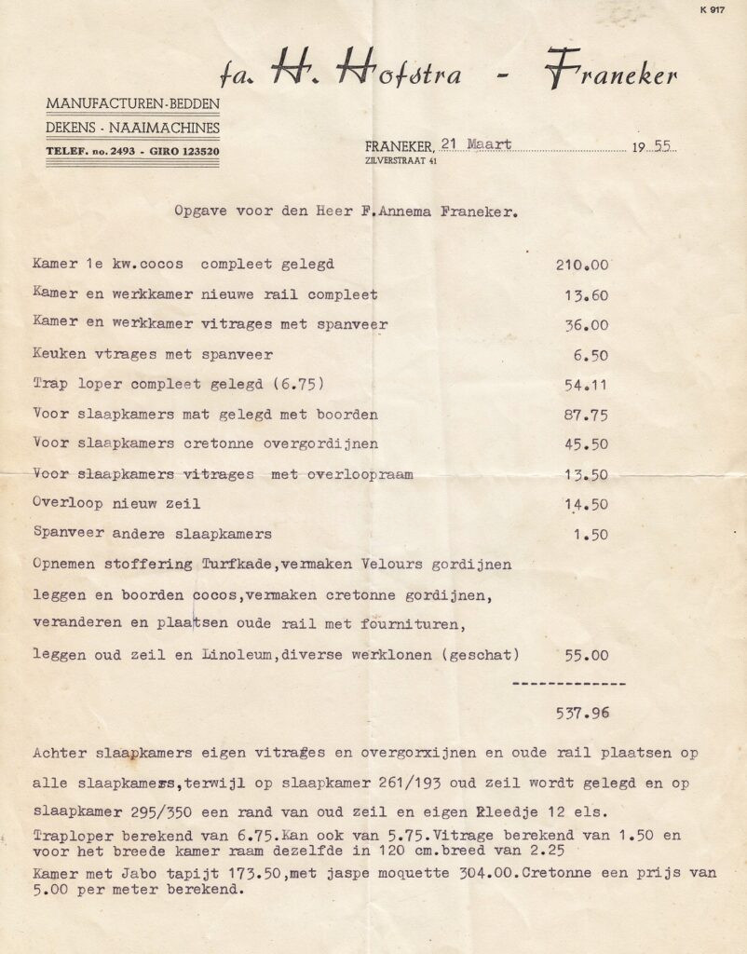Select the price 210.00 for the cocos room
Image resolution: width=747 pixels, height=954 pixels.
pos(582,265)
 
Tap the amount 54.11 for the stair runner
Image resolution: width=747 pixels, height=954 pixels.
pos(586,384)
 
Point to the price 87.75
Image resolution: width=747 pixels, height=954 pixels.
pos(586,415)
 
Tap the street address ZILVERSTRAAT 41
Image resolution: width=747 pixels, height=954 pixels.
pos(401,161)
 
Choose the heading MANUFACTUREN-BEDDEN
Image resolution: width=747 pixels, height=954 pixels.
pos(133,102)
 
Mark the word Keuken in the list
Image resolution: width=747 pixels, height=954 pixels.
pos(57,354)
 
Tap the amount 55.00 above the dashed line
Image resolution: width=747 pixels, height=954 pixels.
pos(586,654)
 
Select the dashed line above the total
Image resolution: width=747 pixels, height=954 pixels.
pos(569,684)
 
